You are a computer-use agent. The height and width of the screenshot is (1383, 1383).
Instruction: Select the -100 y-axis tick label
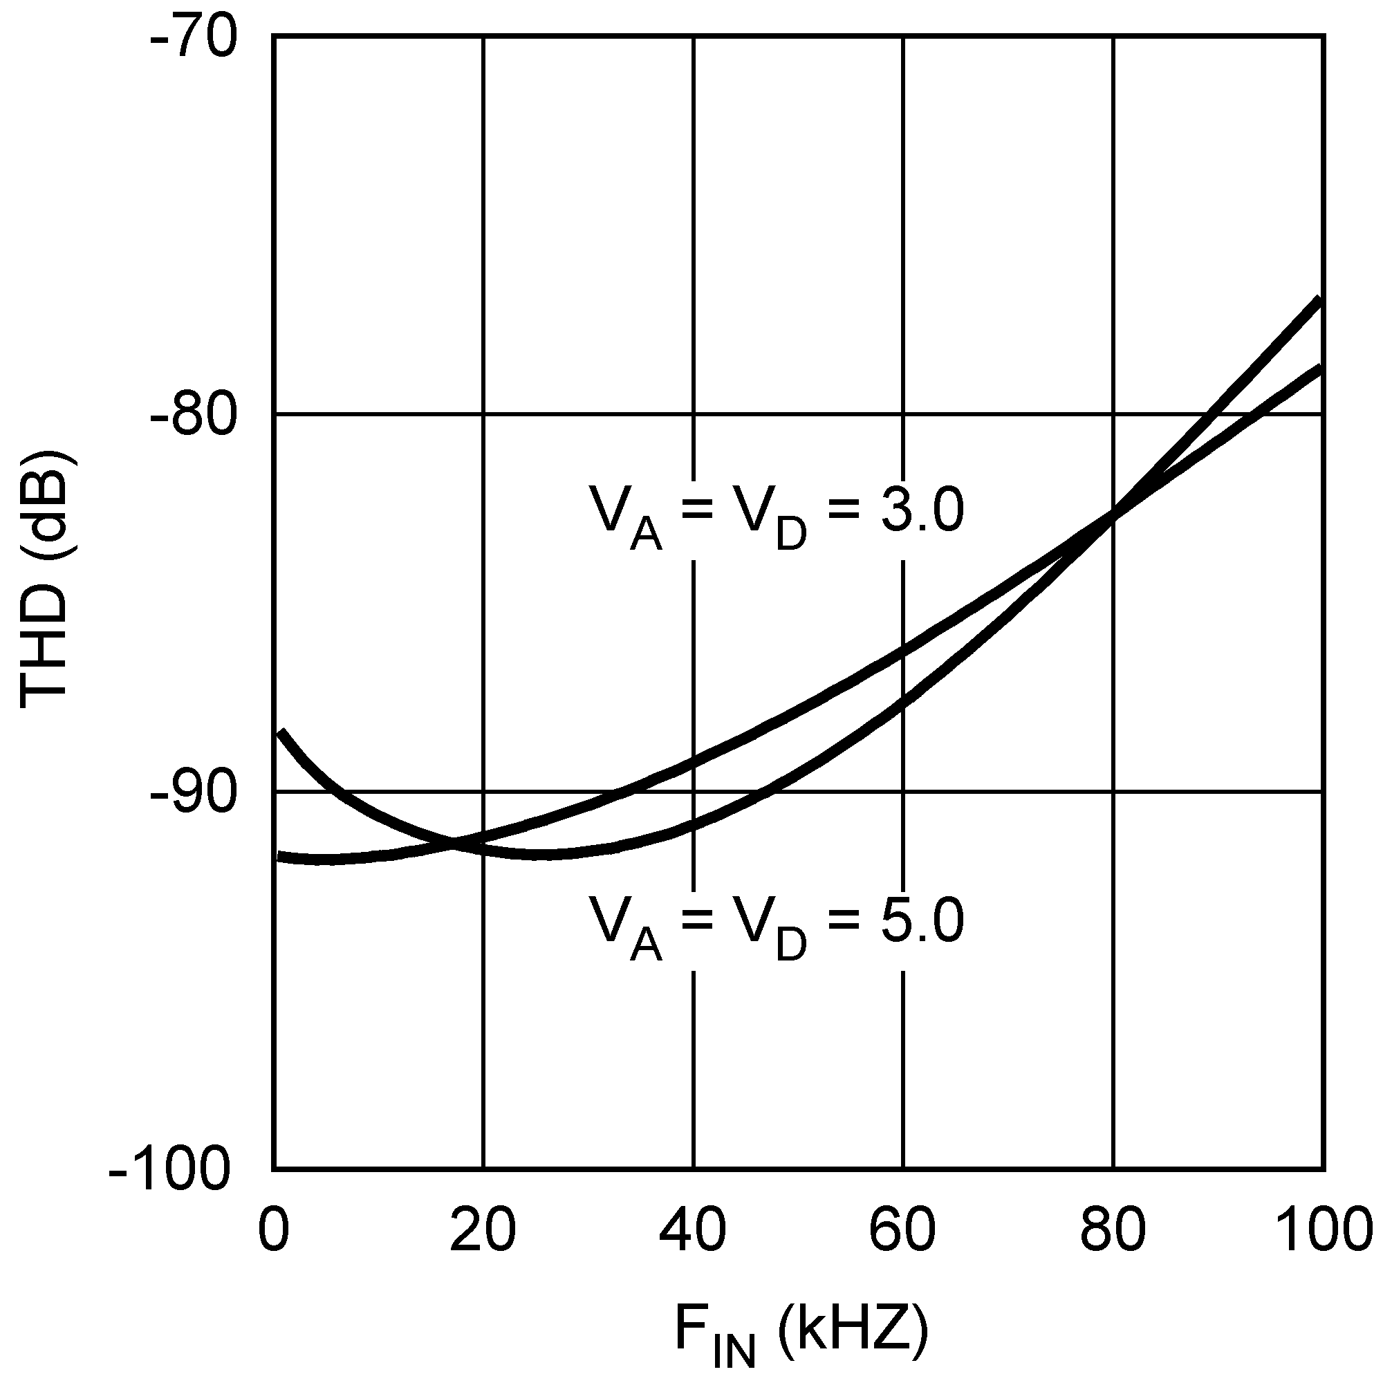point(171,1171)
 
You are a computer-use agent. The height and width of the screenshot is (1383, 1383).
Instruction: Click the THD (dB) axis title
point(44,580)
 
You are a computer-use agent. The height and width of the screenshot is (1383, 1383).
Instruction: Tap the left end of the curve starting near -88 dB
point(281,732)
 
